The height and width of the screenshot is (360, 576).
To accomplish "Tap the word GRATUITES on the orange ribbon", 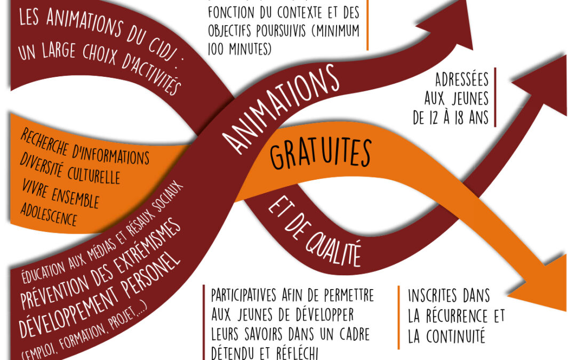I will pyautogui.click(x=320, y=153).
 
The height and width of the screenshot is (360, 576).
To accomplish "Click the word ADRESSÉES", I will pyautogui.click(x=461, y=81).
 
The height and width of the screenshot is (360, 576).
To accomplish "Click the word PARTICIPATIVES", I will pyautogui.click(x=243, y=294).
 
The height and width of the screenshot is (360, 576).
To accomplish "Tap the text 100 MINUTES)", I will pyautogui.click(x=240, y=50).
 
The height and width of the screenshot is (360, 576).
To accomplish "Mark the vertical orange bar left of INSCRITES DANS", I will pyautogui.click(x=398, y=317).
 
